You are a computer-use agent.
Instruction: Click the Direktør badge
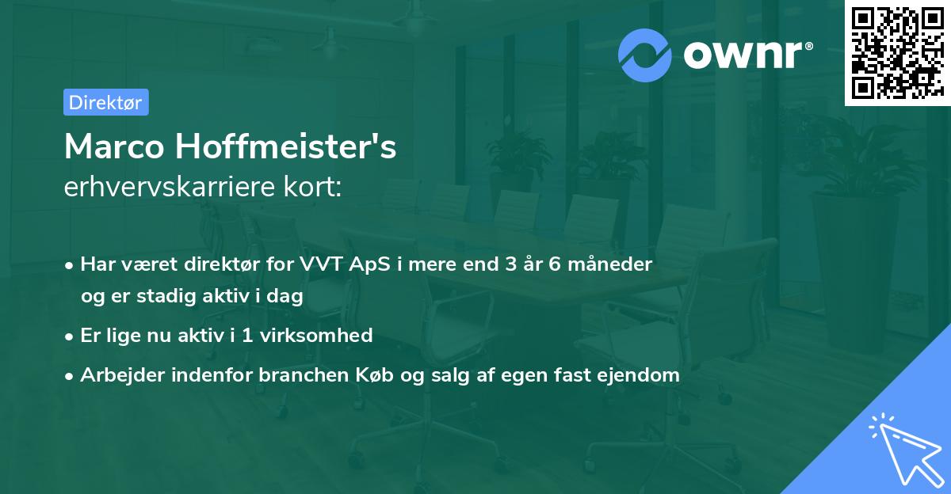click(105, 102)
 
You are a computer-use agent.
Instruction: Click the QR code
click(897, 53)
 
